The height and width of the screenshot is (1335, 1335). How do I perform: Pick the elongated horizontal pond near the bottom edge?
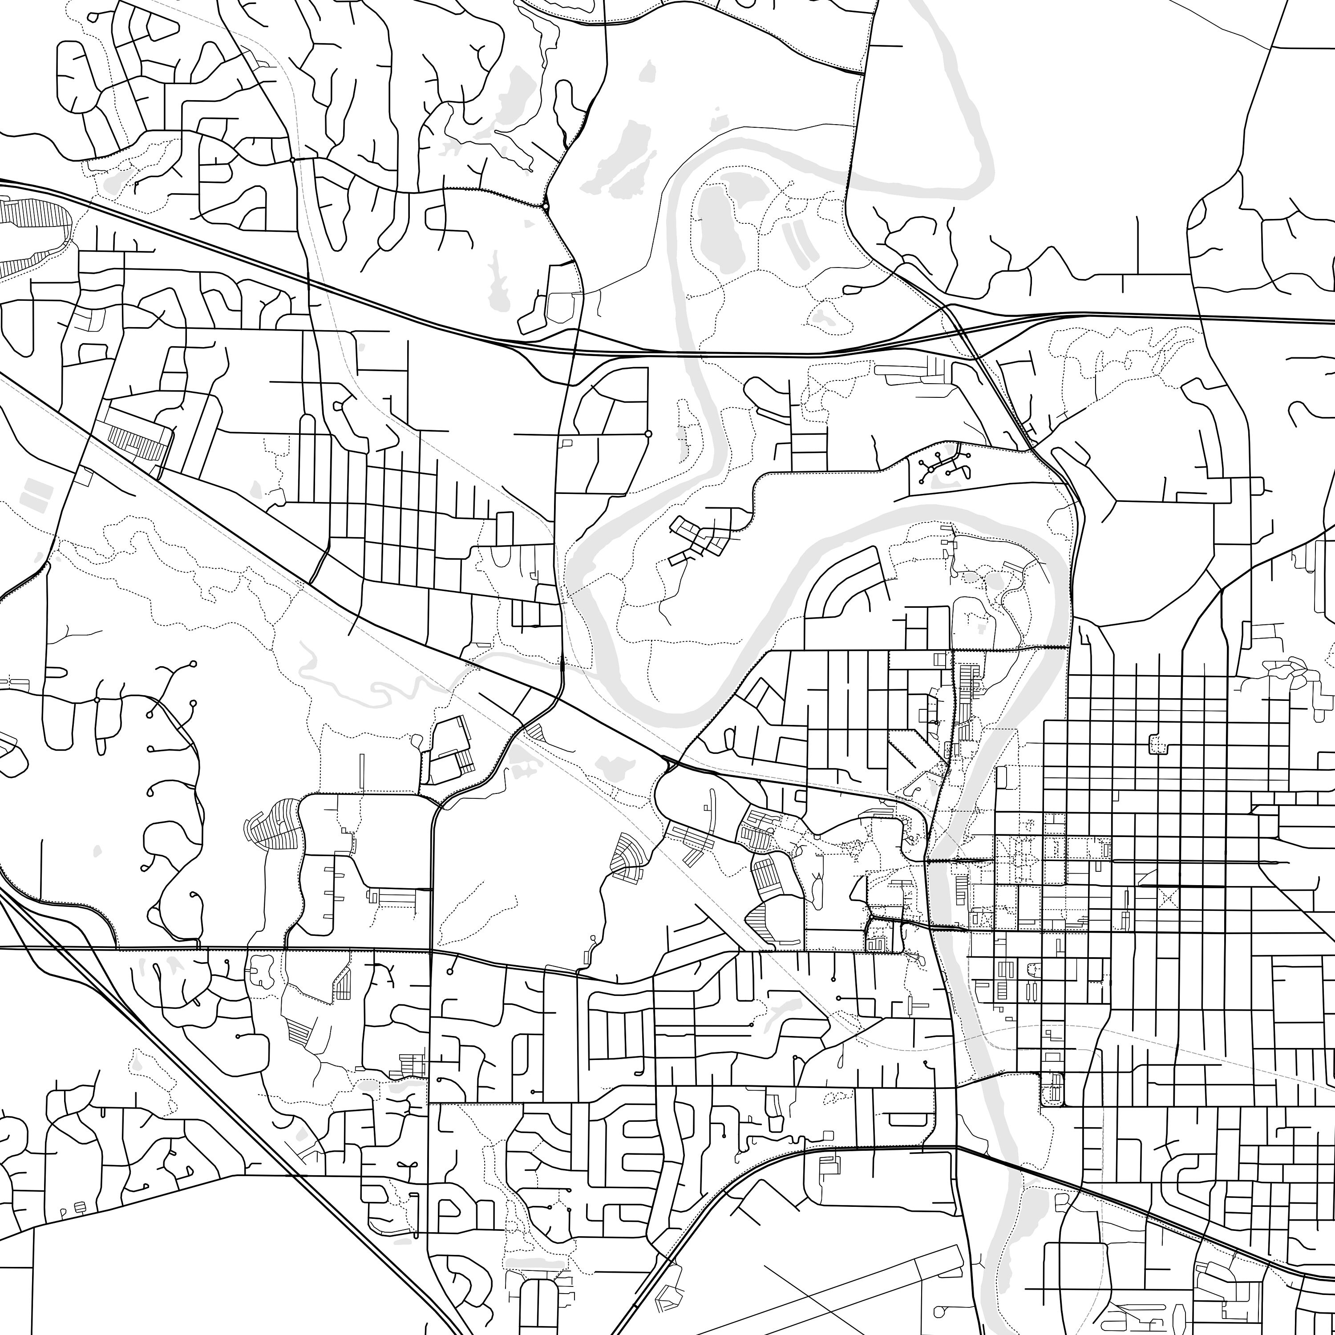point(535,1265)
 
